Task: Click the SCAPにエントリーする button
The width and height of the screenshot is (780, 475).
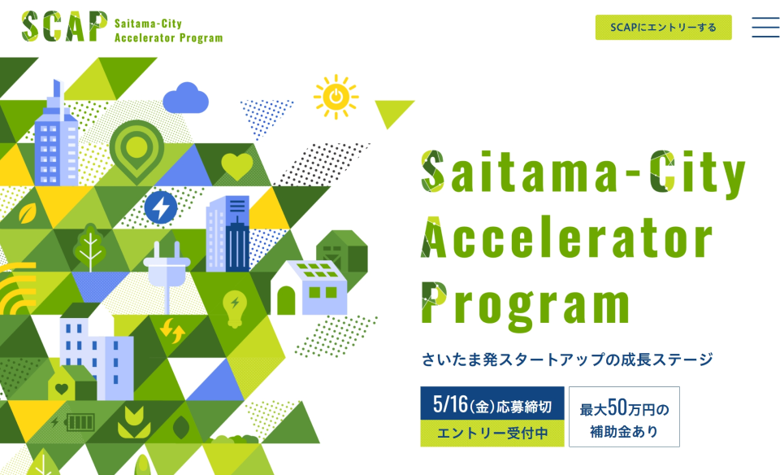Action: (663, 28)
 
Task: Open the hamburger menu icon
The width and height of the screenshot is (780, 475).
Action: (765, 28)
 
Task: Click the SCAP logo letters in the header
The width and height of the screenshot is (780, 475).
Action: (64, 26)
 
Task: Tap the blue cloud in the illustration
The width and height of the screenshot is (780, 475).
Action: (185, 98)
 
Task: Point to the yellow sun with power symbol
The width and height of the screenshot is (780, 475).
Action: (336, 97)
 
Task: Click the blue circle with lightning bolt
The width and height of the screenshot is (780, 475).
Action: (161, 207)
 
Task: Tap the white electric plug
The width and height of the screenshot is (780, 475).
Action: (166, 277)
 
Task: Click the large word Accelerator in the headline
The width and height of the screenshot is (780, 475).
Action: (567, 238)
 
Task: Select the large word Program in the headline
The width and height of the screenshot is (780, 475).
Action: (526, 304)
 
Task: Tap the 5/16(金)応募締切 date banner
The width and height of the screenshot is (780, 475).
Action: (492, 403)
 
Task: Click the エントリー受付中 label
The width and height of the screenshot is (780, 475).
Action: (492, 434)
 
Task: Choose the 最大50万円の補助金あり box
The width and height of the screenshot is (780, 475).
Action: (624, 416)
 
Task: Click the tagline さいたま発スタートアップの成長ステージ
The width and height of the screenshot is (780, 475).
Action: (567, 359)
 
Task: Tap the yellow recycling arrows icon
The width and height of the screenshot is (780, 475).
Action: (172, 330)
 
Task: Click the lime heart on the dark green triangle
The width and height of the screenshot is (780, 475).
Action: (237, 166)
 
